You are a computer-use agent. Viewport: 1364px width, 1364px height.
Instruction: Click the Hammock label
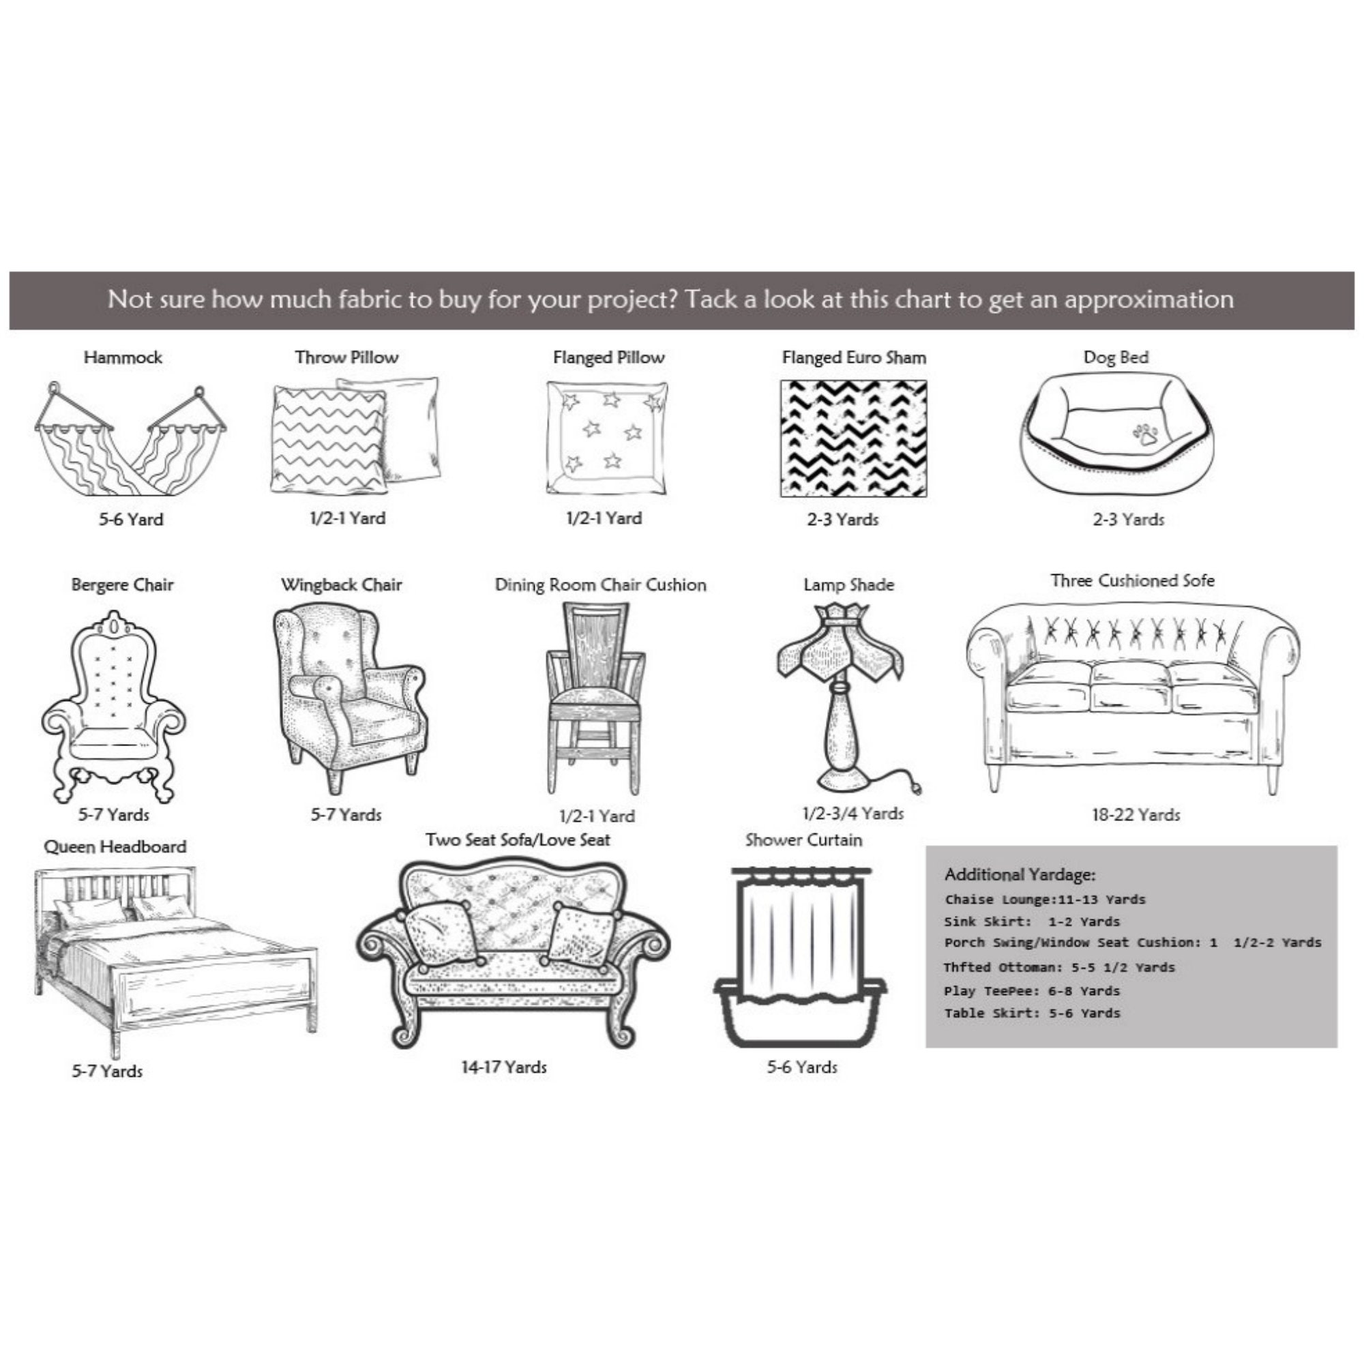pyautogui.click(x=123, y=357)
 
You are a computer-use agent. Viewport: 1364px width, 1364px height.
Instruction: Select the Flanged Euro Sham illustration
pyautogui.click(x=853, y=439)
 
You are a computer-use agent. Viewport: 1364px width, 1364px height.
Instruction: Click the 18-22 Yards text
pyautogui.click(x=1136, y=815)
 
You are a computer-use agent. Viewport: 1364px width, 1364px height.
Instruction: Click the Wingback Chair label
pyautogui.click(x=342, y=585)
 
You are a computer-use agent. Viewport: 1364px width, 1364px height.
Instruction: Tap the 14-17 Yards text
pyautogui.click(x=504, y=1067)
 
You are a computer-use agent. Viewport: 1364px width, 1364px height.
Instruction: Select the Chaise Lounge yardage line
pyautogui.click(x=1045, y=900)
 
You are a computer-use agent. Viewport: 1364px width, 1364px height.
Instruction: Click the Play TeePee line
pyautogui.click(x=1032, y=991)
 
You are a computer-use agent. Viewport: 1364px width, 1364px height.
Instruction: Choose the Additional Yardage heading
pyautogui.click(x=1020, y=875)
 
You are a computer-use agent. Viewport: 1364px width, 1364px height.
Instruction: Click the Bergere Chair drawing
pyautogui.click(x=114, y=706)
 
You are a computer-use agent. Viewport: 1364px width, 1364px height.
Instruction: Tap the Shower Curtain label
pyautogui.click(x=803, y=840)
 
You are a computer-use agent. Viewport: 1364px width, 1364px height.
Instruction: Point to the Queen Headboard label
pyautogui.click(x=115, y=846)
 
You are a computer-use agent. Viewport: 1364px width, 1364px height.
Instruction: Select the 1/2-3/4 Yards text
pyautogui.click(x=853, y=814)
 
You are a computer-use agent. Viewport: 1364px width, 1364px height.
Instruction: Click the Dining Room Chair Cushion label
pyautogui.click(x=600, y=585)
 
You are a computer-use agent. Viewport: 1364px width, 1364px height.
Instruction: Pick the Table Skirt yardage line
pyautogui.click(x=1032, y=1013)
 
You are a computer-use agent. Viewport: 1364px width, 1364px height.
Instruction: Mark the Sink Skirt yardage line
pyautogui.click(x=1032, y=921)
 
